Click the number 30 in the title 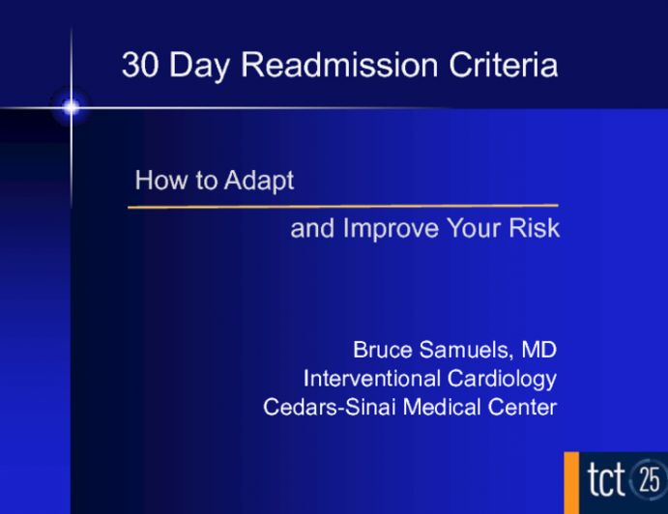click(x=138, y=66)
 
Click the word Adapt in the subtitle click(x=258, y=181)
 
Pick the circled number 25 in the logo click(x=650, y=478)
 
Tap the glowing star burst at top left click(x=71, y=107)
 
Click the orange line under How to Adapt click(x=343, y=206)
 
